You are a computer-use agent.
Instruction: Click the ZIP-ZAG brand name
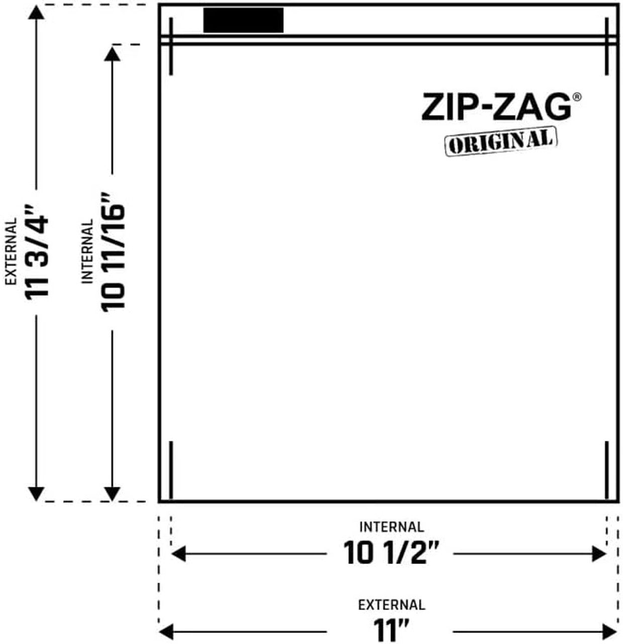click(x=496, y=107)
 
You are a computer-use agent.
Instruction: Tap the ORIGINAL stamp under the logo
click(x=501, y=141)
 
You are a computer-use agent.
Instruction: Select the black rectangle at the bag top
click(x=243, y=20)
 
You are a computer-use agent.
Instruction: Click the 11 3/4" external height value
click(x=37, y=257)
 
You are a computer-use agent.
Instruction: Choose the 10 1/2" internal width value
click(x=391, y=553)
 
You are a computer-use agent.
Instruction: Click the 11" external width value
click(x=391, y=630)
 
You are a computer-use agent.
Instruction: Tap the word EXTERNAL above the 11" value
click(x=391, y=605)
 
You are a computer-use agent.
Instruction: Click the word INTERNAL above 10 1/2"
click(x=391, y=527)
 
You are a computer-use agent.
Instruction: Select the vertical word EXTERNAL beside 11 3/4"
click(x=11, y=252)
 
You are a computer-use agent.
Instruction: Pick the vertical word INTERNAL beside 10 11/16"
click(x=87, y=252)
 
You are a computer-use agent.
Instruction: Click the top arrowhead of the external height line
click(x=36, y=12)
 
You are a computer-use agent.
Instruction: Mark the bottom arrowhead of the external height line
click(x=36, y=494)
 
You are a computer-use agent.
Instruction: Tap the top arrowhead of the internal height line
click(x=112, y=53)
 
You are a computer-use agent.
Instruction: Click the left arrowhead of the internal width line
click(x=178, y=554)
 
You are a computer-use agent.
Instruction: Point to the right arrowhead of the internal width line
click(x=600, y=554)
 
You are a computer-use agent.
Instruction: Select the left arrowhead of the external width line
click(x=166, y=631)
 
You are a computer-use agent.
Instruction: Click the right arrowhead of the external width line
click(x=610, y=631)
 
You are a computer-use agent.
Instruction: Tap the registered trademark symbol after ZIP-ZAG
click(x=577, y=97)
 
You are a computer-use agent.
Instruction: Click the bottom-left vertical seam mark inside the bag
click(x=171, y=470)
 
